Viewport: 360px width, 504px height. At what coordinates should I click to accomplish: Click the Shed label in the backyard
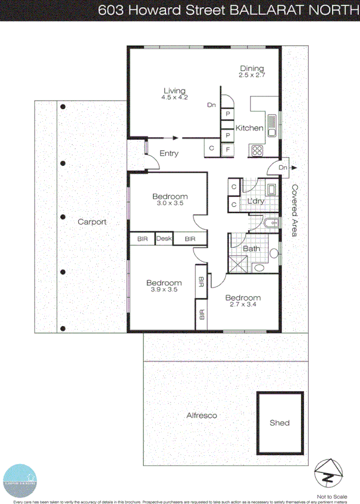pyautogui.click(x=279, y=423)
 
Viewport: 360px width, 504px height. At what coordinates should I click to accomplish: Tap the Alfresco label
pyautogui.click(x=202, y=416)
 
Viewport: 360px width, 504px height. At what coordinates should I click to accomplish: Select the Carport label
pyautogui.click(x=92, y=222)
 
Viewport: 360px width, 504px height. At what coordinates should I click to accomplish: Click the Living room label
pyautogui.click(x=174, y=91)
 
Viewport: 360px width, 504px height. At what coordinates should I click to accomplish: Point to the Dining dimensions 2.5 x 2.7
pyautogui.click(x=252, y=76)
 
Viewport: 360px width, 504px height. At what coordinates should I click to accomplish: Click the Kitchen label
pyautogui.click(x=249, y=128)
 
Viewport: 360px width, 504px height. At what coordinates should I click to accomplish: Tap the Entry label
pyautogui.click(x=169, y=154)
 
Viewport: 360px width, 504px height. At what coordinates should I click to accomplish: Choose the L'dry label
pyautogui.click(x=255, y=202)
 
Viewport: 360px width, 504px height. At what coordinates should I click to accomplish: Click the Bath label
pyautogui.click(x=251, y=249)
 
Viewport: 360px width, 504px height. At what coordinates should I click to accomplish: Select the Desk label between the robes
pyautogui.click(x=164, y=239)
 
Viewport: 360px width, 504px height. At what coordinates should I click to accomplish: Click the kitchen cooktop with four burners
pyautogui.click(x=258, y=150)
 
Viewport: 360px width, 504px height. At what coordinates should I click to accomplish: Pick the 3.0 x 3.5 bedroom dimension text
pyautogui.click(x=169, y=203)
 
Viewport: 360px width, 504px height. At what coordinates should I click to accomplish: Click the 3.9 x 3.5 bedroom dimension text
pyautogui.click(x=162, y=289)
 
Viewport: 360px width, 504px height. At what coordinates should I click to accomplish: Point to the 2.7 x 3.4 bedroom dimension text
pyautogui.click(x=243, y=305)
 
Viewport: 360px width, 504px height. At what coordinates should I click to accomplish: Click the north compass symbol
pyautogui.click(x=329, y=471)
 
